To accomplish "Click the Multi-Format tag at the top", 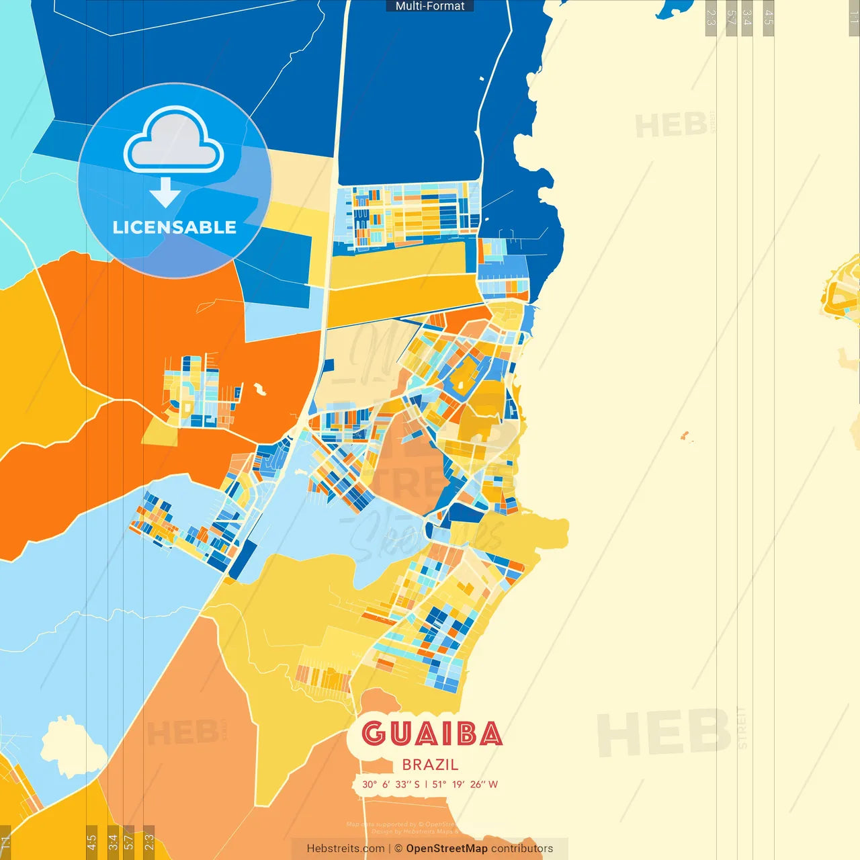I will pos(430,6).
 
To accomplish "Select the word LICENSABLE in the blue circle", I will pos(174,227).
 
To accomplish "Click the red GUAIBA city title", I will pos(431,734).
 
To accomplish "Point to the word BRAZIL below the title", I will pos(430,765).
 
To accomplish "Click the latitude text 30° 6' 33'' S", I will pos(390,784).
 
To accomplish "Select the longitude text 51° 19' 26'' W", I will pos(465,784).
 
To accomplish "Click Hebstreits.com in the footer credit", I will pos(345,849).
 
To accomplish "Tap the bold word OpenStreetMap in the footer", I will pos(447,849).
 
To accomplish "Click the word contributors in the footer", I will pos(522,849).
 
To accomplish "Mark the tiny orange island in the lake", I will pos(685,437).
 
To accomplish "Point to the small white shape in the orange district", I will pos(259,389).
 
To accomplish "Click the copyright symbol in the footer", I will pos(398,849).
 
